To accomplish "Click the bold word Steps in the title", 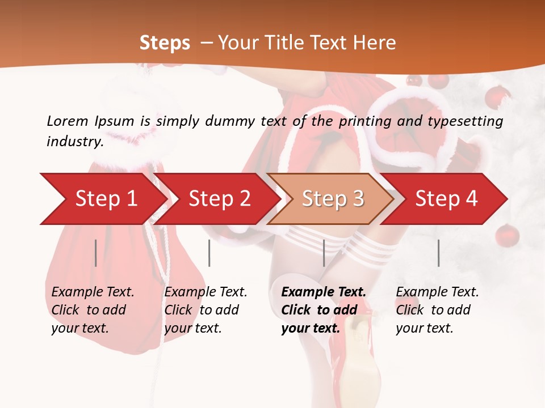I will pyautogui.click(x=165, y=43).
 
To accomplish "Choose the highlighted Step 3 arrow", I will pyautogui.click(x=332, y=199).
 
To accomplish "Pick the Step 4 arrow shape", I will pyautogui.click(x=446, y=199).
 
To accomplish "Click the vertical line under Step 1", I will pyautogui.click(x=96, y=253).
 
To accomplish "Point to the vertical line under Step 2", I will pyautogui.click(x=209, y=253).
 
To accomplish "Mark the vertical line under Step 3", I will pyautogui.click(x=324, y=253).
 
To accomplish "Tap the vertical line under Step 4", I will pyautogui.click(x=438, y=253).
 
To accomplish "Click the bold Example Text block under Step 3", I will pyautogui.click(x=324, y=310).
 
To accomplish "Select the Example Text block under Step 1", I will pyautogui.click(x=93, y=310).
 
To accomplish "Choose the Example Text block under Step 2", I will pyautogui.click(x=206, y=310).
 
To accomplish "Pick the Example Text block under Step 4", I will pyautogui.click(x=437, y=310).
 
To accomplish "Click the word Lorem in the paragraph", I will pyautogui.click(x=68, y=121).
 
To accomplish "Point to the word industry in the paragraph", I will pyautogui.click(x=75, y=141).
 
